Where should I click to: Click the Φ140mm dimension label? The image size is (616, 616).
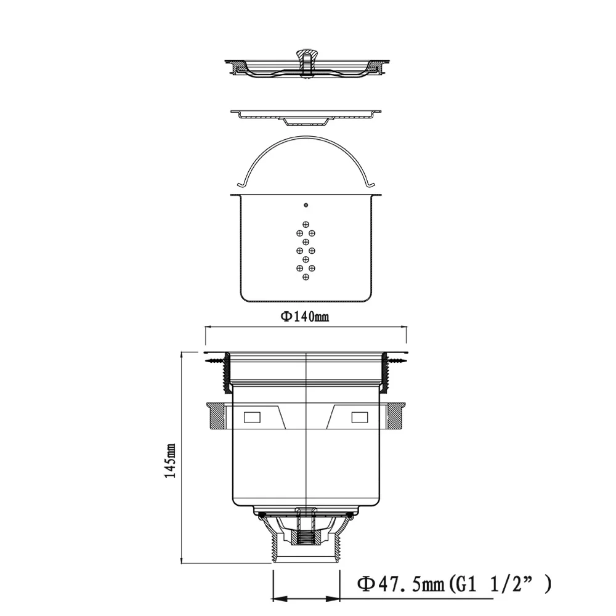click(x=305, y=317)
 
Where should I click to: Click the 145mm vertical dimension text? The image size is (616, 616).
click(x=171, y=461)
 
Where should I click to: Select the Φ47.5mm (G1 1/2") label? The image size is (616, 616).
click(x=453, y=583)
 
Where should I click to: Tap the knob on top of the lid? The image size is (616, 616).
click(x=306, y=55)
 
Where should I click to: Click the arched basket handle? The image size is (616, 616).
click(x=306, y=143)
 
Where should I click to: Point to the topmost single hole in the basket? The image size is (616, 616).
click(x=306, y=205)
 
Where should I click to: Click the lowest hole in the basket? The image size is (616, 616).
click(x=306, y=277)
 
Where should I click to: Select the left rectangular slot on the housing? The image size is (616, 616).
click(x=253, y=418)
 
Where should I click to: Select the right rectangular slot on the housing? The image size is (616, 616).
click(x=359, y=418)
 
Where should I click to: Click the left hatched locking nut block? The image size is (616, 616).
click(x=216, y=417)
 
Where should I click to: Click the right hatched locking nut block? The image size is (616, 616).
click(x=395, y=417)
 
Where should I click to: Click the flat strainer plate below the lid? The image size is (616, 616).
click(x=306, y=114)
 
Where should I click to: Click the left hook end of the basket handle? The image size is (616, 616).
click(x=241, y=184)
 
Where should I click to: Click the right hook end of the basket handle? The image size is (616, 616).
click(x=371, y=184)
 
